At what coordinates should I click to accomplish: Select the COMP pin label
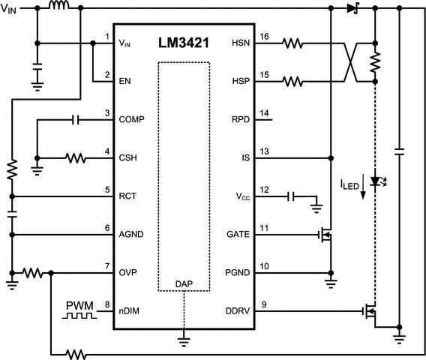tap(131, 119)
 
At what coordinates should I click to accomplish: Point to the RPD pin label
tap(239, 119)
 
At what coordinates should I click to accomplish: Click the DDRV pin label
tap(236, 310)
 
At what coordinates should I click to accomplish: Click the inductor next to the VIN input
tap(59, 7)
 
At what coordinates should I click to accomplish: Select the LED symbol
tap(375, 181)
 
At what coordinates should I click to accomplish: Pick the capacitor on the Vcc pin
tap(291, 196)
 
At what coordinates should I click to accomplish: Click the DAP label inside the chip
tap(184, 283)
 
